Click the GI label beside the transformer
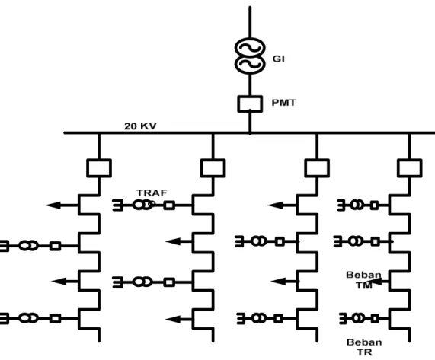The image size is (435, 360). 278,59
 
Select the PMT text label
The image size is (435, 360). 283,103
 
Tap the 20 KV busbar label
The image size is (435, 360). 140,126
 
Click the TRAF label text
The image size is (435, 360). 152,193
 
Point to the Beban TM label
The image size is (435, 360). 363,280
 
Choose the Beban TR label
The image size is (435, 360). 364,347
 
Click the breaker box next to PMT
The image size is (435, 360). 250,104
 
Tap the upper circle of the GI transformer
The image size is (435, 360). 250,49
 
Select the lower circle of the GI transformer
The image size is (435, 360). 250,63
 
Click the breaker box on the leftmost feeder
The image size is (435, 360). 99,168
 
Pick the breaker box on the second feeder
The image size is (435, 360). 213,168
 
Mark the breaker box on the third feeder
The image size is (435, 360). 317,168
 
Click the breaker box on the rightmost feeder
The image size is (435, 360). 410,168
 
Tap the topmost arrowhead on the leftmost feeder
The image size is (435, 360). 53,205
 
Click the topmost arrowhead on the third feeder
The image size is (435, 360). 276,205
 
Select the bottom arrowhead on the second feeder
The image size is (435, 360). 173,320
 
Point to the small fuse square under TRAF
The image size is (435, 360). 169,205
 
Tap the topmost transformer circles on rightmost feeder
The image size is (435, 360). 357,205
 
